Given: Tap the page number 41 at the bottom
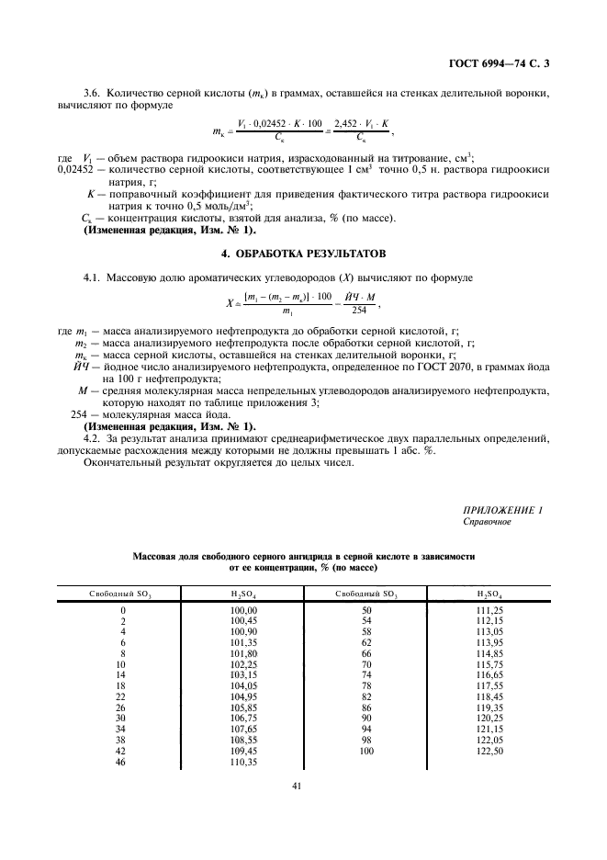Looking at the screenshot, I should click(297, 785).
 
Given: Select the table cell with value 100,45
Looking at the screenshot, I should click(242, 620).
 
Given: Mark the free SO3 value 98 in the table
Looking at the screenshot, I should click(366, 741).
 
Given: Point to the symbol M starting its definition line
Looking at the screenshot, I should click(84, 390).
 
